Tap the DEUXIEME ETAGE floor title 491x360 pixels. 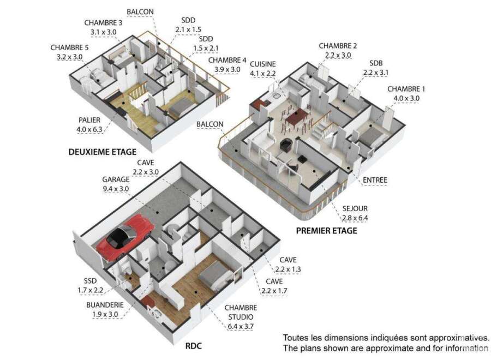(x=103, y=152)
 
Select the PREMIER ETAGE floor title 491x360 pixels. (x=327, y=231)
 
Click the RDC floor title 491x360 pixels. (x=194, y=346)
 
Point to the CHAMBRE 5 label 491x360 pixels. (x=69, y=47)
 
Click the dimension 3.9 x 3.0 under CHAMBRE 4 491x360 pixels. (x=227, y=69)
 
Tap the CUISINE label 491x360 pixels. (x=263, y=64)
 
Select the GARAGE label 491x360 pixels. (x=116, y=179)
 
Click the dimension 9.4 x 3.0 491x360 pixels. (x=116, y=189)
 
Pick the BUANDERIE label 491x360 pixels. (x=105, y=305)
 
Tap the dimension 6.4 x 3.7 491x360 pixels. (x=241, y=327)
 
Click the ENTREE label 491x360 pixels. (x=375, y=180)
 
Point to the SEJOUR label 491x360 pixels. (x=355, y=208)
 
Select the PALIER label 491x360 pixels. (x=89, y=120)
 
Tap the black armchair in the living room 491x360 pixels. (x=286, y=145)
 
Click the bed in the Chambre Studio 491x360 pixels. (x=217, y=276)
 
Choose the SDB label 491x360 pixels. (x=376, y=63)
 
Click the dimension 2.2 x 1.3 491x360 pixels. (x=288, y=269)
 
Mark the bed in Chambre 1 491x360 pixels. (x=371, y=137)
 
